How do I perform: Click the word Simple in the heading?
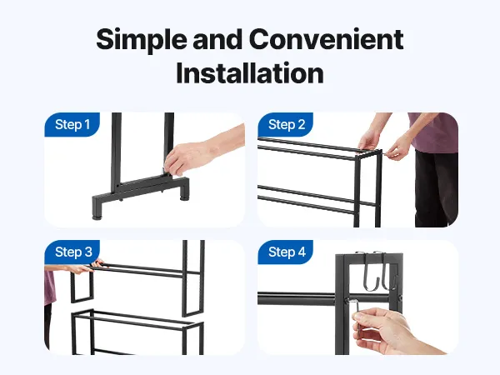click(x=142, y=39)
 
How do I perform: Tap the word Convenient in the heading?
click(x=327, y=39)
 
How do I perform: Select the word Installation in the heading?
click(x=250, y=73)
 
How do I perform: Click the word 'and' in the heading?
click(x=217, y=39)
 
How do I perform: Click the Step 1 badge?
click(x=72, y=124)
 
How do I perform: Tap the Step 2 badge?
click(x=286, y=124)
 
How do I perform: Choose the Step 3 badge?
click(x=72, y=252)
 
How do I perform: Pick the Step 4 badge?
click(x=286, y=252)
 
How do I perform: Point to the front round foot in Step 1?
click(x=96, y=217)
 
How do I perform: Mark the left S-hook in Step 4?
click(x=370, y=272)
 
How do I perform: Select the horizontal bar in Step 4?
click(x=297, y=299)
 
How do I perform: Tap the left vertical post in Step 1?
click(x=116, y=153)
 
